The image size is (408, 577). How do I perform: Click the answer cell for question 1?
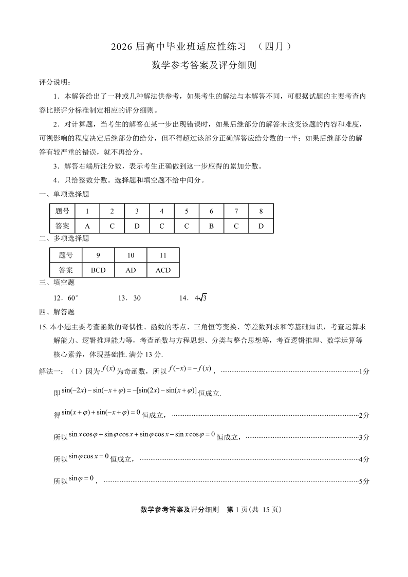(x=87, y=226)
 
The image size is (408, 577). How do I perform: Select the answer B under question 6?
(x=211, y=226)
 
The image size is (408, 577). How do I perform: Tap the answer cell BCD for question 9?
(x=98, y=270)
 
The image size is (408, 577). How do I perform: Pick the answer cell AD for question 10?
(x=131, y=270)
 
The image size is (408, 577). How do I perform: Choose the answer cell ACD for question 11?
(x=163, y=270)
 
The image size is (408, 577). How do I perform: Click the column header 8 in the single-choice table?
(x=261, y=211)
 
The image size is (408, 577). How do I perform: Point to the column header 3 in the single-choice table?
(x=137, y=211)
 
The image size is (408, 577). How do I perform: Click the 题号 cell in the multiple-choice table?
(x=66, y=255)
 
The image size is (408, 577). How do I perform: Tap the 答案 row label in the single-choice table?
(x=62, y=226)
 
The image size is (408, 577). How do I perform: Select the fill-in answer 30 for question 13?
(x=137, y=298)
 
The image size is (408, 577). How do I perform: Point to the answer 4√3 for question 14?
(x=200, y=298)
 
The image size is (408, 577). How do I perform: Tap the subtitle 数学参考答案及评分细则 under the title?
(x=203, y=65)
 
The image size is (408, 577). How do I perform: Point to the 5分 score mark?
(x=364, y=481)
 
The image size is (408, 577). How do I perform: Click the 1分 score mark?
(x=364, y=371)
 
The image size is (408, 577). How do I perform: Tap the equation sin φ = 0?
(x=81, y=479)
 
